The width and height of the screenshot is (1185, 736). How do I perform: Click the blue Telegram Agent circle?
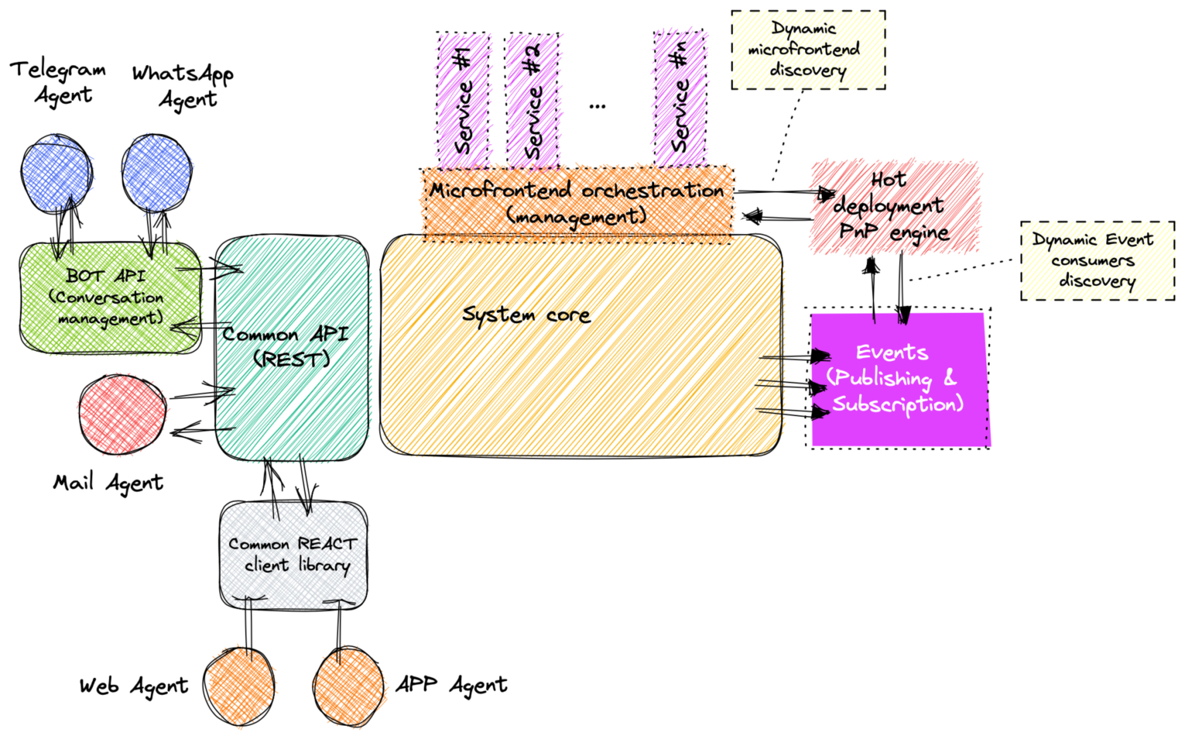(57, 173)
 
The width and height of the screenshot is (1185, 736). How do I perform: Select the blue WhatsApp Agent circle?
(157, 173)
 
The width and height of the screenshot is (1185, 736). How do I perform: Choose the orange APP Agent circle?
(348, 686)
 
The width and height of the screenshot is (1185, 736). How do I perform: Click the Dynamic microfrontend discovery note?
(808, 50)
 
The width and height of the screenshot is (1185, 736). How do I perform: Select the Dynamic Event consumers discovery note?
(1097, 260)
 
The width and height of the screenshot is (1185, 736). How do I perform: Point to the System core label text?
(526, 314)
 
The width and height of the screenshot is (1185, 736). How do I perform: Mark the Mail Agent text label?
(108, 483)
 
